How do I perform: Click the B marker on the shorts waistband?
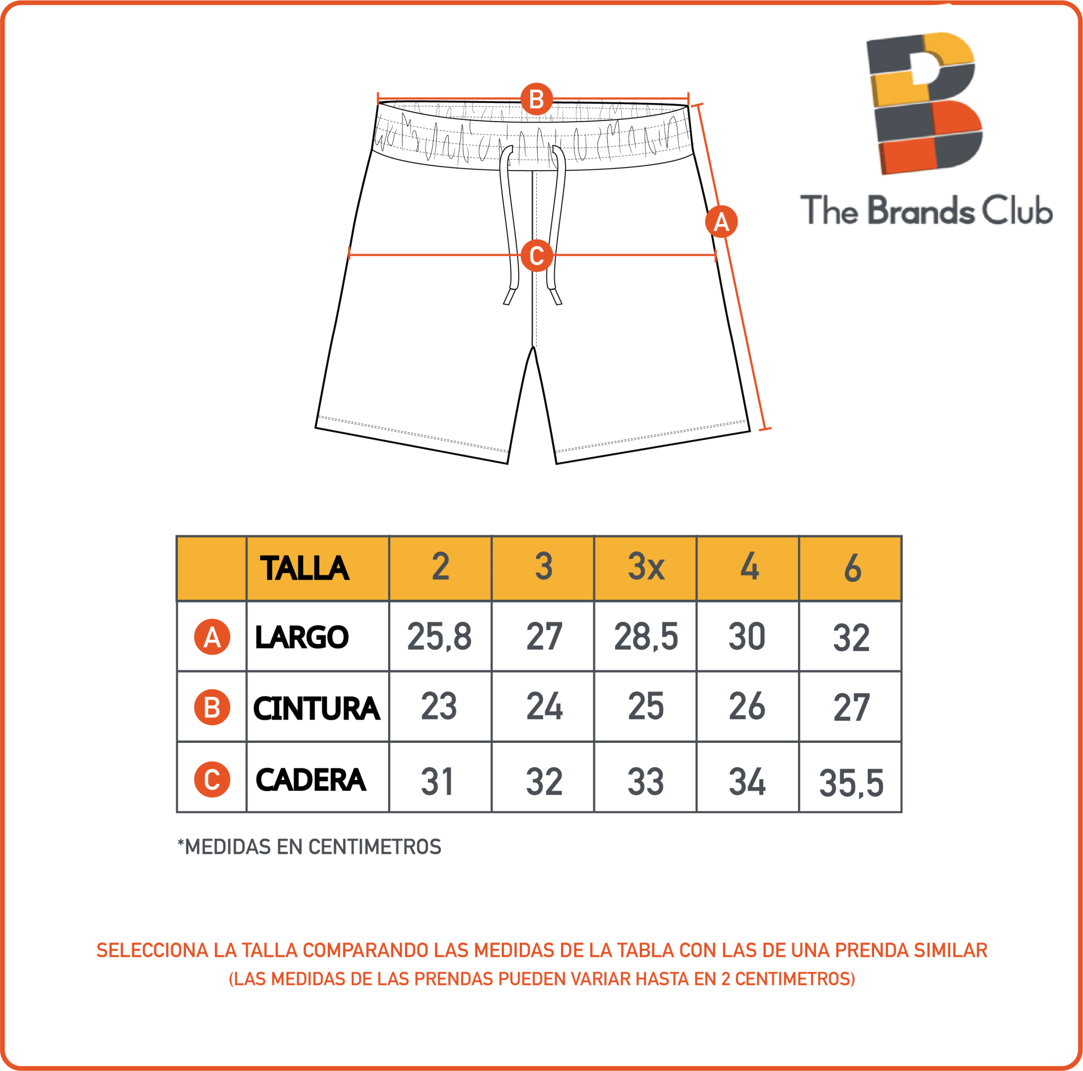[536, 99]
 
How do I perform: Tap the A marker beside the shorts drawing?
[721, 222]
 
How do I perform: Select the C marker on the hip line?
[536, 255]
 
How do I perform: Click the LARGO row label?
[301, 637]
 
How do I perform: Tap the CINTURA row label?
[317, 708]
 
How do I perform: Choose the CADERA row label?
[310, 779]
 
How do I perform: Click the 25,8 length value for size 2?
[439, 637]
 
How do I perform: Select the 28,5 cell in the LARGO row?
[646, 637]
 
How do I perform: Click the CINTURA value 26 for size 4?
[747, 706]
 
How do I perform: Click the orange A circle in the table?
[212, 637]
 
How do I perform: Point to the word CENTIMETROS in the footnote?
[375, 847]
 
